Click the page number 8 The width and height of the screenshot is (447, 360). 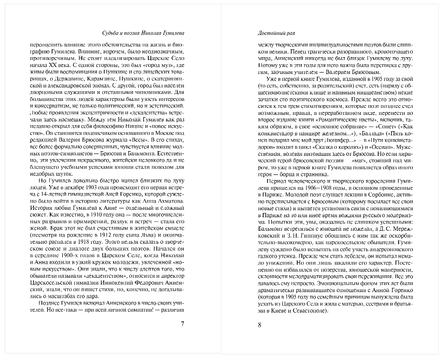(x=260, y=324)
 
